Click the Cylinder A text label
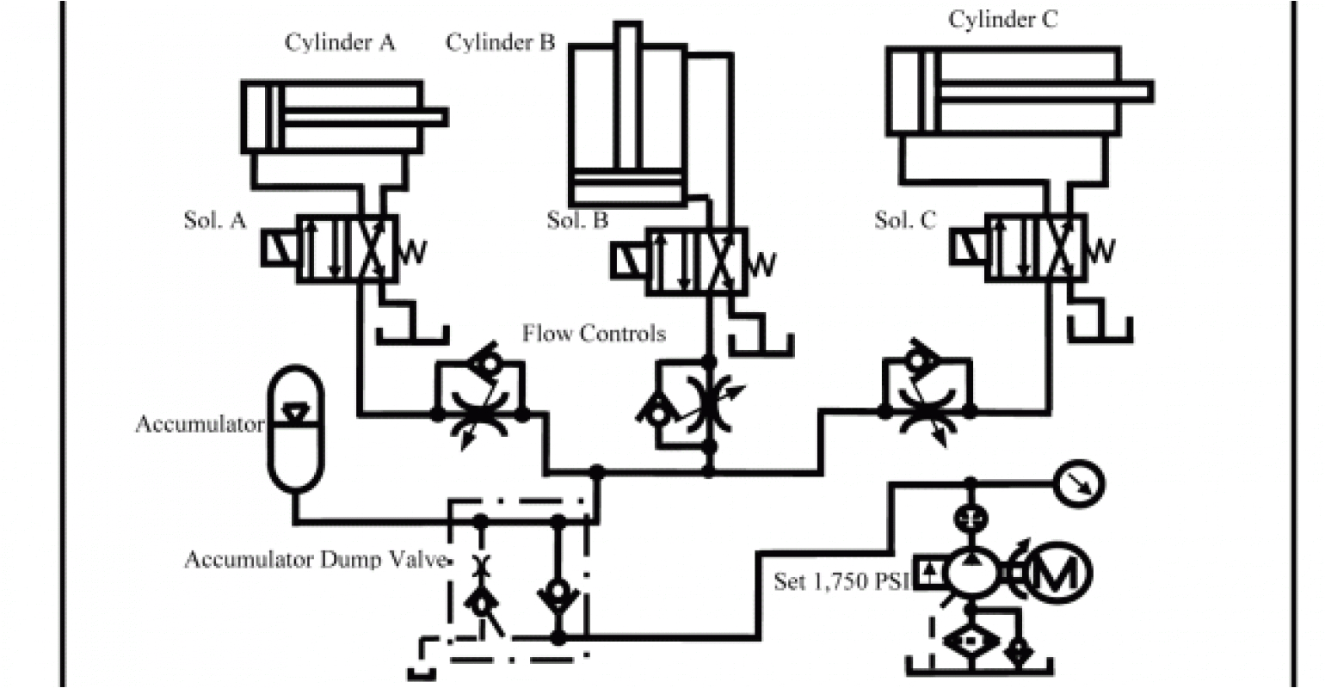coord(340,43)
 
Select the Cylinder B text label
coord(500,42)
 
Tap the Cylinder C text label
coord(1002,20)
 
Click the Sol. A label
coord(215,220)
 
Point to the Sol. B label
coord(577,220)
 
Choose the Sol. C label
coord(904,220)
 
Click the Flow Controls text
coord(594,333)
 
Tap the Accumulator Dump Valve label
coord(316,560)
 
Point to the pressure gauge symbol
coord(1082,484)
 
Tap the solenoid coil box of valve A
coord(279,249)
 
